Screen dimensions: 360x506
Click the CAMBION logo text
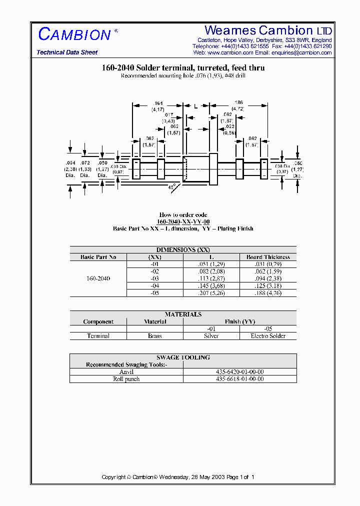click(75, 35)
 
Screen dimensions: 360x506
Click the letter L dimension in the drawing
click(195, 106)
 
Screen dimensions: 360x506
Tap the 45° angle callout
click(171, 187)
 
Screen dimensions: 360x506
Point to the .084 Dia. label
click(70, 169)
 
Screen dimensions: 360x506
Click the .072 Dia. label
click(85, 169)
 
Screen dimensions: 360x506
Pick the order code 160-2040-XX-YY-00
click(183, 221)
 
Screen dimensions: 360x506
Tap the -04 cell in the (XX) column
click(155, 286)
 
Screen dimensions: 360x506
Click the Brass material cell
click(155, 336)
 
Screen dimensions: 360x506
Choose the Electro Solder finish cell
click(268, 336)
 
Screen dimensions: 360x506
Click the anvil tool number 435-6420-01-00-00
click(240, 372)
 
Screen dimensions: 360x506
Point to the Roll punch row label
click(126, 379)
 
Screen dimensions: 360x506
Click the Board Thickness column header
click(268, 257)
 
